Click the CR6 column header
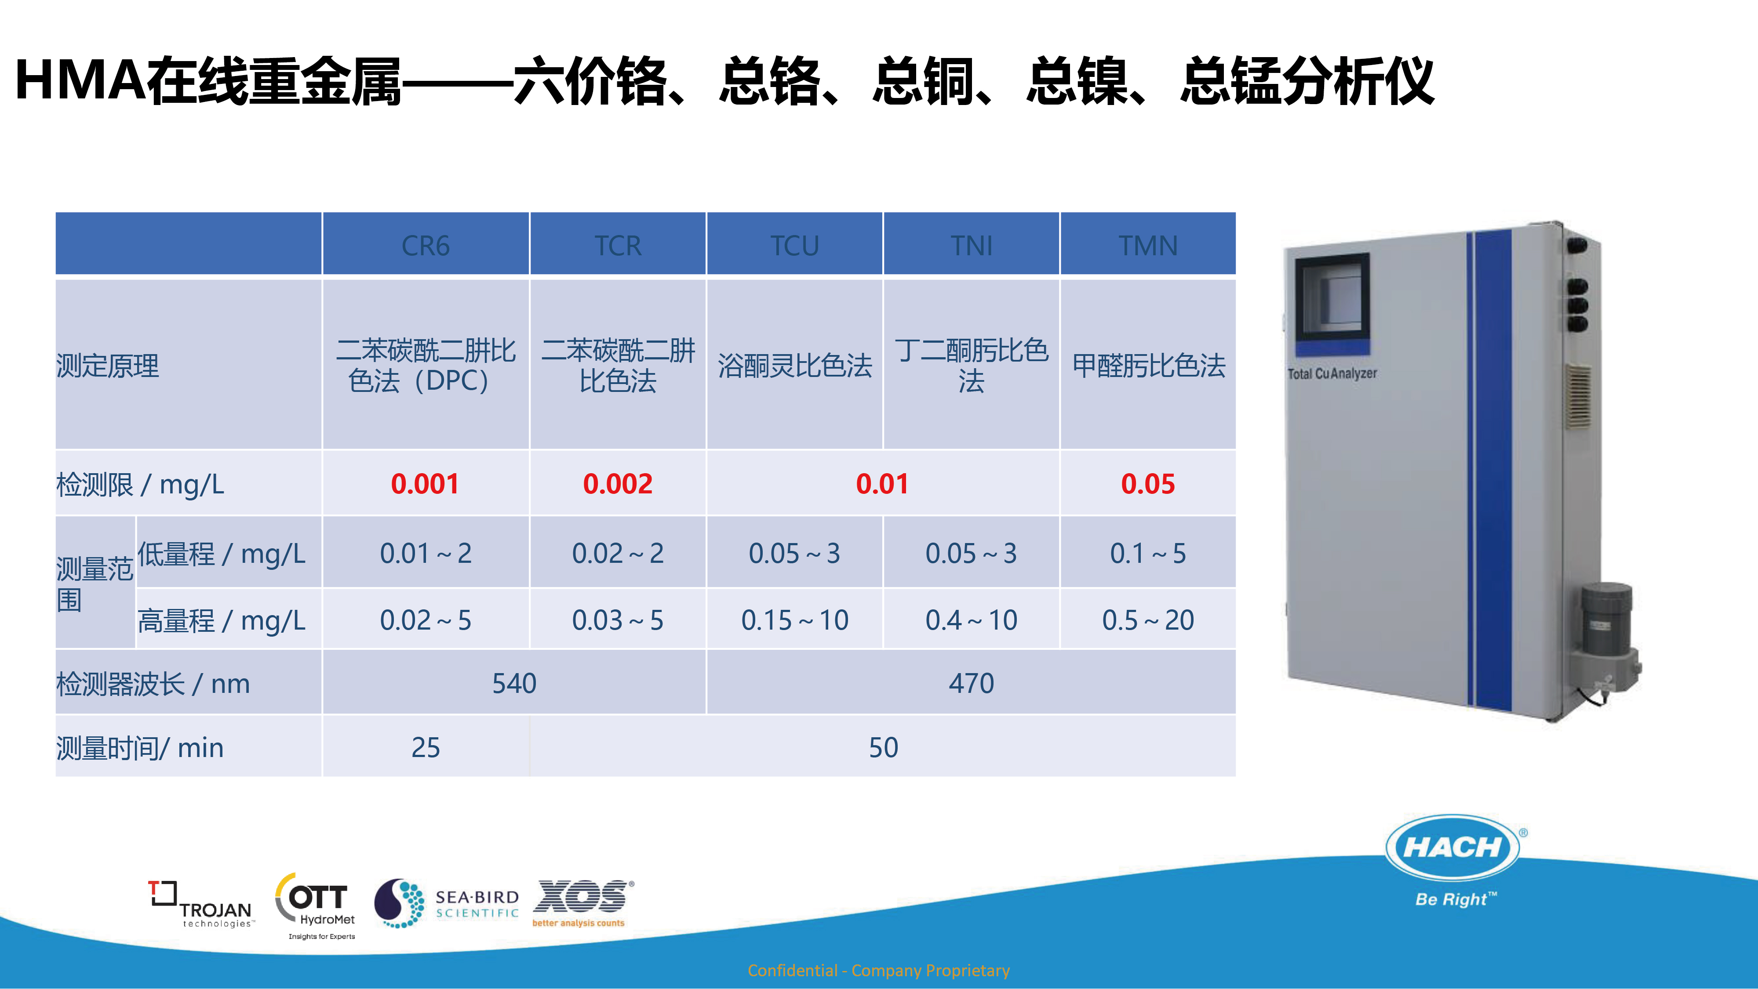pos(425,246)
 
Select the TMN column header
pos(1148,246)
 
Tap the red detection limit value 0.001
pos(425,484)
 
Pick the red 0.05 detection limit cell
pos(1148,484)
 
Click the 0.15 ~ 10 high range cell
pos(794,620)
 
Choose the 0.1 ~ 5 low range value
pos(1148,553)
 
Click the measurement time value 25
pos(425,747)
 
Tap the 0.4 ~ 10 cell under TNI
pos(971,620)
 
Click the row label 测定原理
pos(108,366)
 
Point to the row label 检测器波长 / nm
pos(153,684)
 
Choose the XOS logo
pos(582,902)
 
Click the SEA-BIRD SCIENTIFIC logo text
pos(477,905)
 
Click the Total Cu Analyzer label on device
pos(1332,373)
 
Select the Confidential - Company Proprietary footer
pos(878,970)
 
